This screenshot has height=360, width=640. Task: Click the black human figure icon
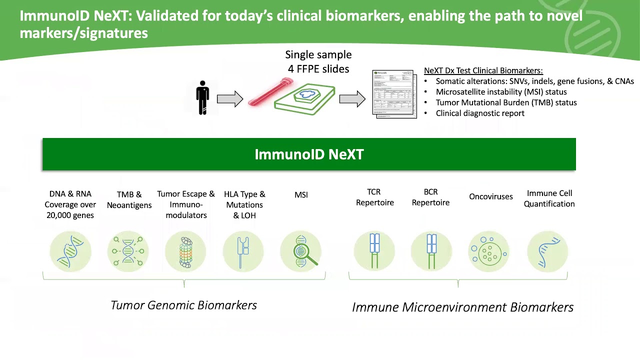[202, 97]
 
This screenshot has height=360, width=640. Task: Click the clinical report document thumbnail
[394, 94]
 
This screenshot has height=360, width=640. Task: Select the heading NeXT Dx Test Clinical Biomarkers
[483, 70]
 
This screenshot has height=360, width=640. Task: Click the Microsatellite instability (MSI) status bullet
[501, 92]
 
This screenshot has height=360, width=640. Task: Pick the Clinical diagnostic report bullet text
[480, 113]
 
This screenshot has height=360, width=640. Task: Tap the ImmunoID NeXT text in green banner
[309, 154]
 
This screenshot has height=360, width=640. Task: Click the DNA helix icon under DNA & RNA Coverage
[70, 251]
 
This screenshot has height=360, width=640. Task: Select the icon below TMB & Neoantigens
[128, 251]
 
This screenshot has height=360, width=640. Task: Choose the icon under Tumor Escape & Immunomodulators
[185, 251]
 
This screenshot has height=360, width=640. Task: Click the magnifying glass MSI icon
[301, 251]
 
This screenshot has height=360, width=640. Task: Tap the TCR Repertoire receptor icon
[374, 251]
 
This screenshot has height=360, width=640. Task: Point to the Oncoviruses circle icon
[488, 251]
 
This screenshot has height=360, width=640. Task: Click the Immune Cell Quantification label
[549, 198]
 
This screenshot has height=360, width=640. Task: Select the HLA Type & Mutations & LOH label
[244, 204]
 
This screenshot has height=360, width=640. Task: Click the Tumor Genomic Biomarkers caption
[183, 305]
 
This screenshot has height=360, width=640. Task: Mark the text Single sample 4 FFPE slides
[318, 62]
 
